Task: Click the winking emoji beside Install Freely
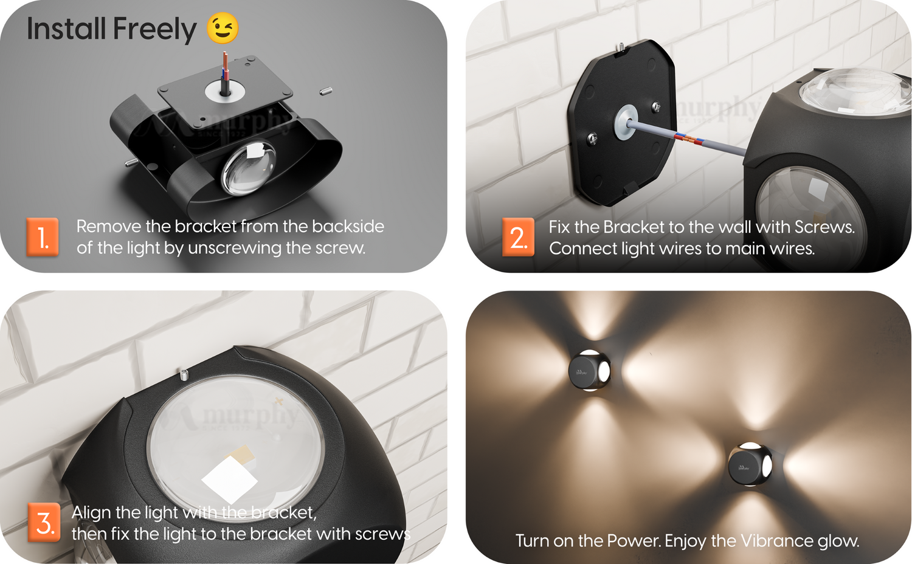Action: pyautogui.click(x=223, y=28)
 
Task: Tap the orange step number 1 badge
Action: pyautogui.click(x=43, y=237)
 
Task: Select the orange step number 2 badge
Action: pyautogui.click(x=518, y=237)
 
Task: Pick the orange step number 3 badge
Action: pyautogui.click(x=44, y=522)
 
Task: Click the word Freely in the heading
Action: pyautogui.click(x=154, y=29)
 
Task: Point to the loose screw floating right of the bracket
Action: pyautogui.click(x=326, y=91)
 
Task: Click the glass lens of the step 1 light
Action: pyautogui.click(x=248, y=168)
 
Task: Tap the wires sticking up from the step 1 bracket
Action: pyautogui.click(x=225, y=74)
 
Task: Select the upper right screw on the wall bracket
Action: pyautogui.click(x=656, y=107)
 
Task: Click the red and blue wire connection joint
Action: pyautogui.click(x=689, y=139)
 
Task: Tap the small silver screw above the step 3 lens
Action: pyautogui.click(x=184, y=374)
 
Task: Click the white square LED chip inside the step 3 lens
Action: pyautogui.click(x=230, y=480)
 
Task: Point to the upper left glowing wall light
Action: pyautogui.click(x=589, y=370)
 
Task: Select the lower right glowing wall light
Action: pyautogui.click(x=750, y=464)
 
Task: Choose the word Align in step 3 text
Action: pyautogui.click(x=91, y=513)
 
